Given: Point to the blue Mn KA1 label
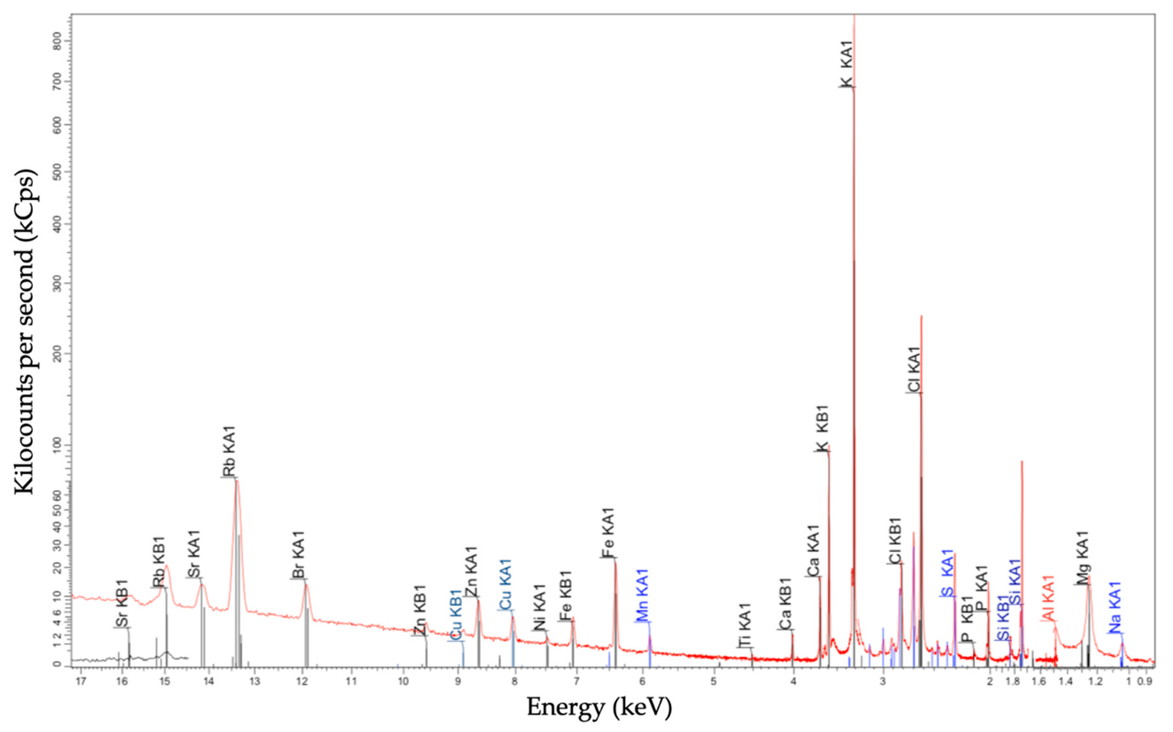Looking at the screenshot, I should point(642,595).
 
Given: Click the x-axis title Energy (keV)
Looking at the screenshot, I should point(599,708).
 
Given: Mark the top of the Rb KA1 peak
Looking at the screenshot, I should point(237,480).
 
